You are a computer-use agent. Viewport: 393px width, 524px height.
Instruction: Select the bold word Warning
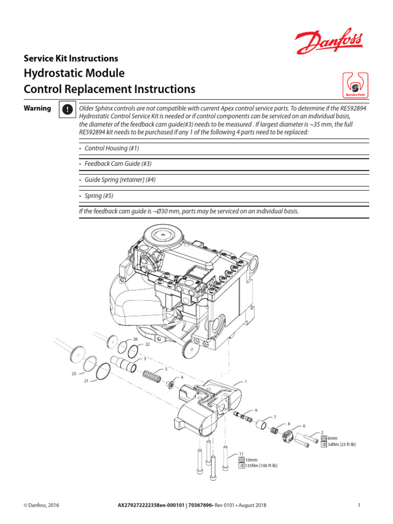[x=37, y=108]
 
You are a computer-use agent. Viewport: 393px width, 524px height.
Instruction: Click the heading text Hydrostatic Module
[x=74, y=73]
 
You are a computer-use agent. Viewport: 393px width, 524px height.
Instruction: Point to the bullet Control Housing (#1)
[x=112, y=148]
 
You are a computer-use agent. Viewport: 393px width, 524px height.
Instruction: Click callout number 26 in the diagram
[x=136, y=339]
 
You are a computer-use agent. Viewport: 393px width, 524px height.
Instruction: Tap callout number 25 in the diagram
[x=74, y=374]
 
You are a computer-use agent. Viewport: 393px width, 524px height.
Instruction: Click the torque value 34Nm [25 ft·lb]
[x=341, y=445]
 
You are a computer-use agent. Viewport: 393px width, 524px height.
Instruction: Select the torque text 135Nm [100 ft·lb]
[x=261, y=466]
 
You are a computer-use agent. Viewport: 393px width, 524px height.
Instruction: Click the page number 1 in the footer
[x=359, y=506]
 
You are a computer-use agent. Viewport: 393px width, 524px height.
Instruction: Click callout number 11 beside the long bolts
[x=242, y=453]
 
